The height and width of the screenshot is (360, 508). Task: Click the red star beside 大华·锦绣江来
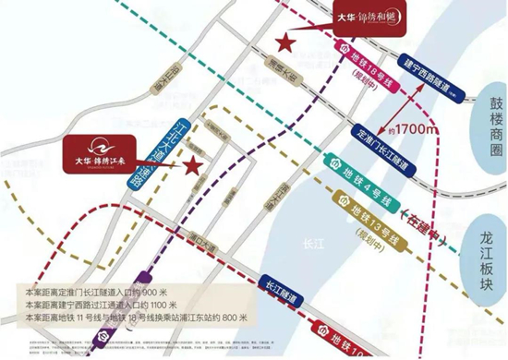193,165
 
